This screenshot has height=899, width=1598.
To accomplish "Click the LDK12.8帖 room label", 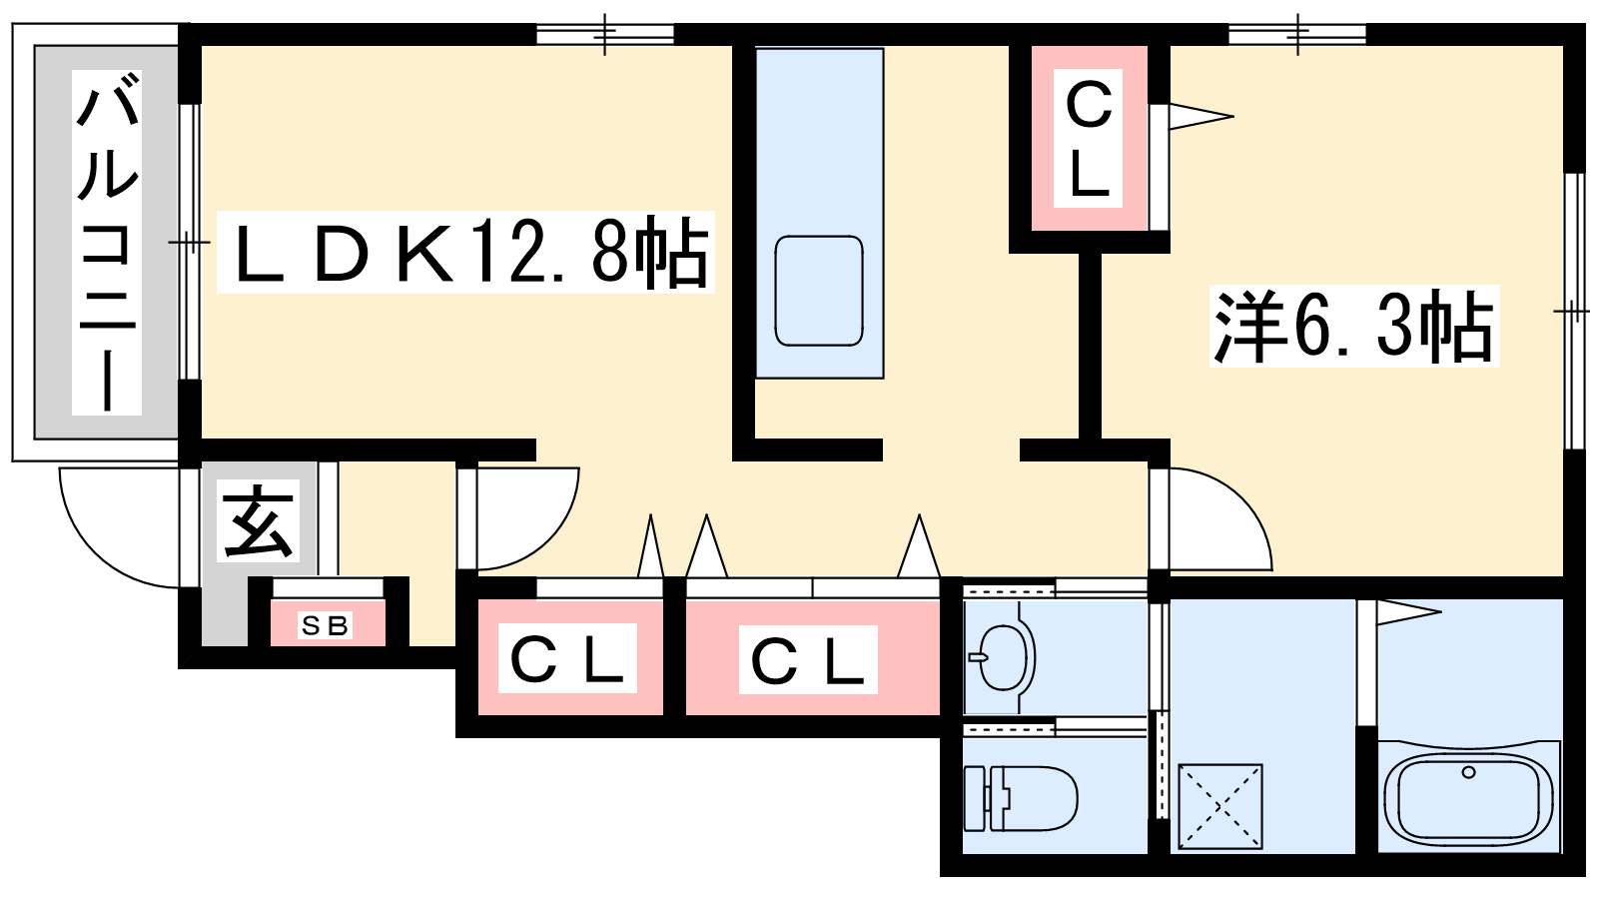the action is (x=465, y=252).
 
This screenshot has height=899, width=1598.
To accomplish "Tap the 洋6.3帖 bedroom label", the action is (x=1354, y=326).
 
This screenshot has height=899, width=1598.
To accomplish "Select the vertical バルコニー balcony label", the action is (x=107, y=243).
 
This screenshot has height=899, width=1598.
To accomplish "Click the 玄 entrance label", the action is (x=259, y=521).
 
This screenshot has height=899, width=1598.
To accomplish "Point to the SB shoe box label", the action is (x=325, y=625).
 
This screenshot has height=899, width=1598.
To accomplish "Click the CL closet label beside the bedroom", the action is (x=1088, y=139).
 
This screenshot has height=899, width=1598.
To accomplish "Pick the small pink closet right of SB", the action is (x=570, y=657).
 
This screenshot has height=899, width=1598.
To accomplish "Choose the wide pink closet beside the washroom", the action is (x=813, y=657).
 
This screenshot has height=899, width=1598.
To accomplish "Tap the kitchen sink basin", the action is (x=819, y=291).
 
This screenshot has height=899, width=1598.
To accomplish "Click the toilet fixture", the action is (x=1020, y=798).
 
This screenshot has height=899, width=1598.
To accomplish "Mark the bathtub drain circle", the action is (x=1468, y=772).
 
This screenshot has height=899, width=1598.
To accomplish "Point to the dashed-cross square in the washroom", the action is (x=1220, y=807).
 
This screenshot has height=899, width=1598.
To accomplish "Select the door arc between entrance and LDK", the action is (x=528, y=518).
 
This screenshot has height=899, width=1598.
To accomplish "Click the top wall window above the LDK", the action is (x=605, y=34).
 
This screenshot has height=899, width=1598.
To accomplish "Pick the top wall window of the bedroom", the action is (x=1297, y=34).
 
